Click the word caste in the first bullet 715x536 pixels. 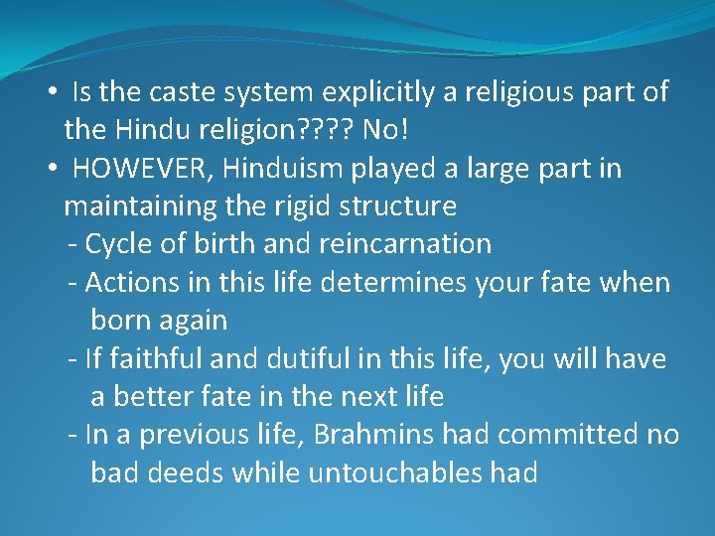click(x=183, y=92)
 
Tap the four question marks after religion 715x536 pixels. click(x=328, y=130)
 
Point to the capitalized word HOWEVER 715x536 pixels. click(x=141, y=169)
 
